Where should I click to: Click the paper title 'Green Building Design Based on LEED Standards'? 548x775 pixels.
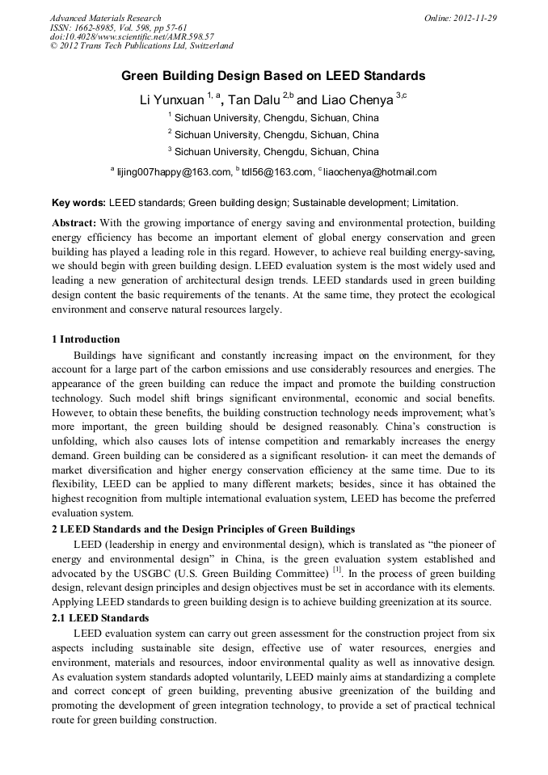coord(273,76)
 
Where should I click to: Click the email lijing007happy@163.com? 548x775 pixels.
coord(162,172)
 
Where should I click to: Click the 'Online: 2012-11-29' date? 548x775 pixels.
coord(460,18)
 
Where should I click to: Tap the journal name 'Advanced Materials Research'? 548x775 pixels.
coord(105,18)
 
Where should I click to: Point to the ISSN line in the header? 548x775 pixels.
coord(118,27)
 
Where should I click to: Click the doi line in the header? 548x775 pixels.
coord(132,36)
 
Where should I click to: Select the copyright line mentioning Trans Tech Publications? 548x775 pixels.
coord(141,46)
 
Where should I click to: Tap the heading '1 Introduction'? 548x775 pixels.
coord(86,339)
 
